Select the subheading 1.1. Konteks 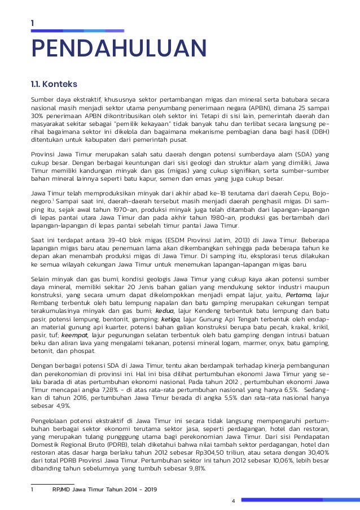[x=54, y=85]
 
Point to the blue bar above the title [x=77, y=30]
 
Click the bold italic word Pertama [x=298, y=295]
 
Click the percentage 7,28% [x=93, y=389]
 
